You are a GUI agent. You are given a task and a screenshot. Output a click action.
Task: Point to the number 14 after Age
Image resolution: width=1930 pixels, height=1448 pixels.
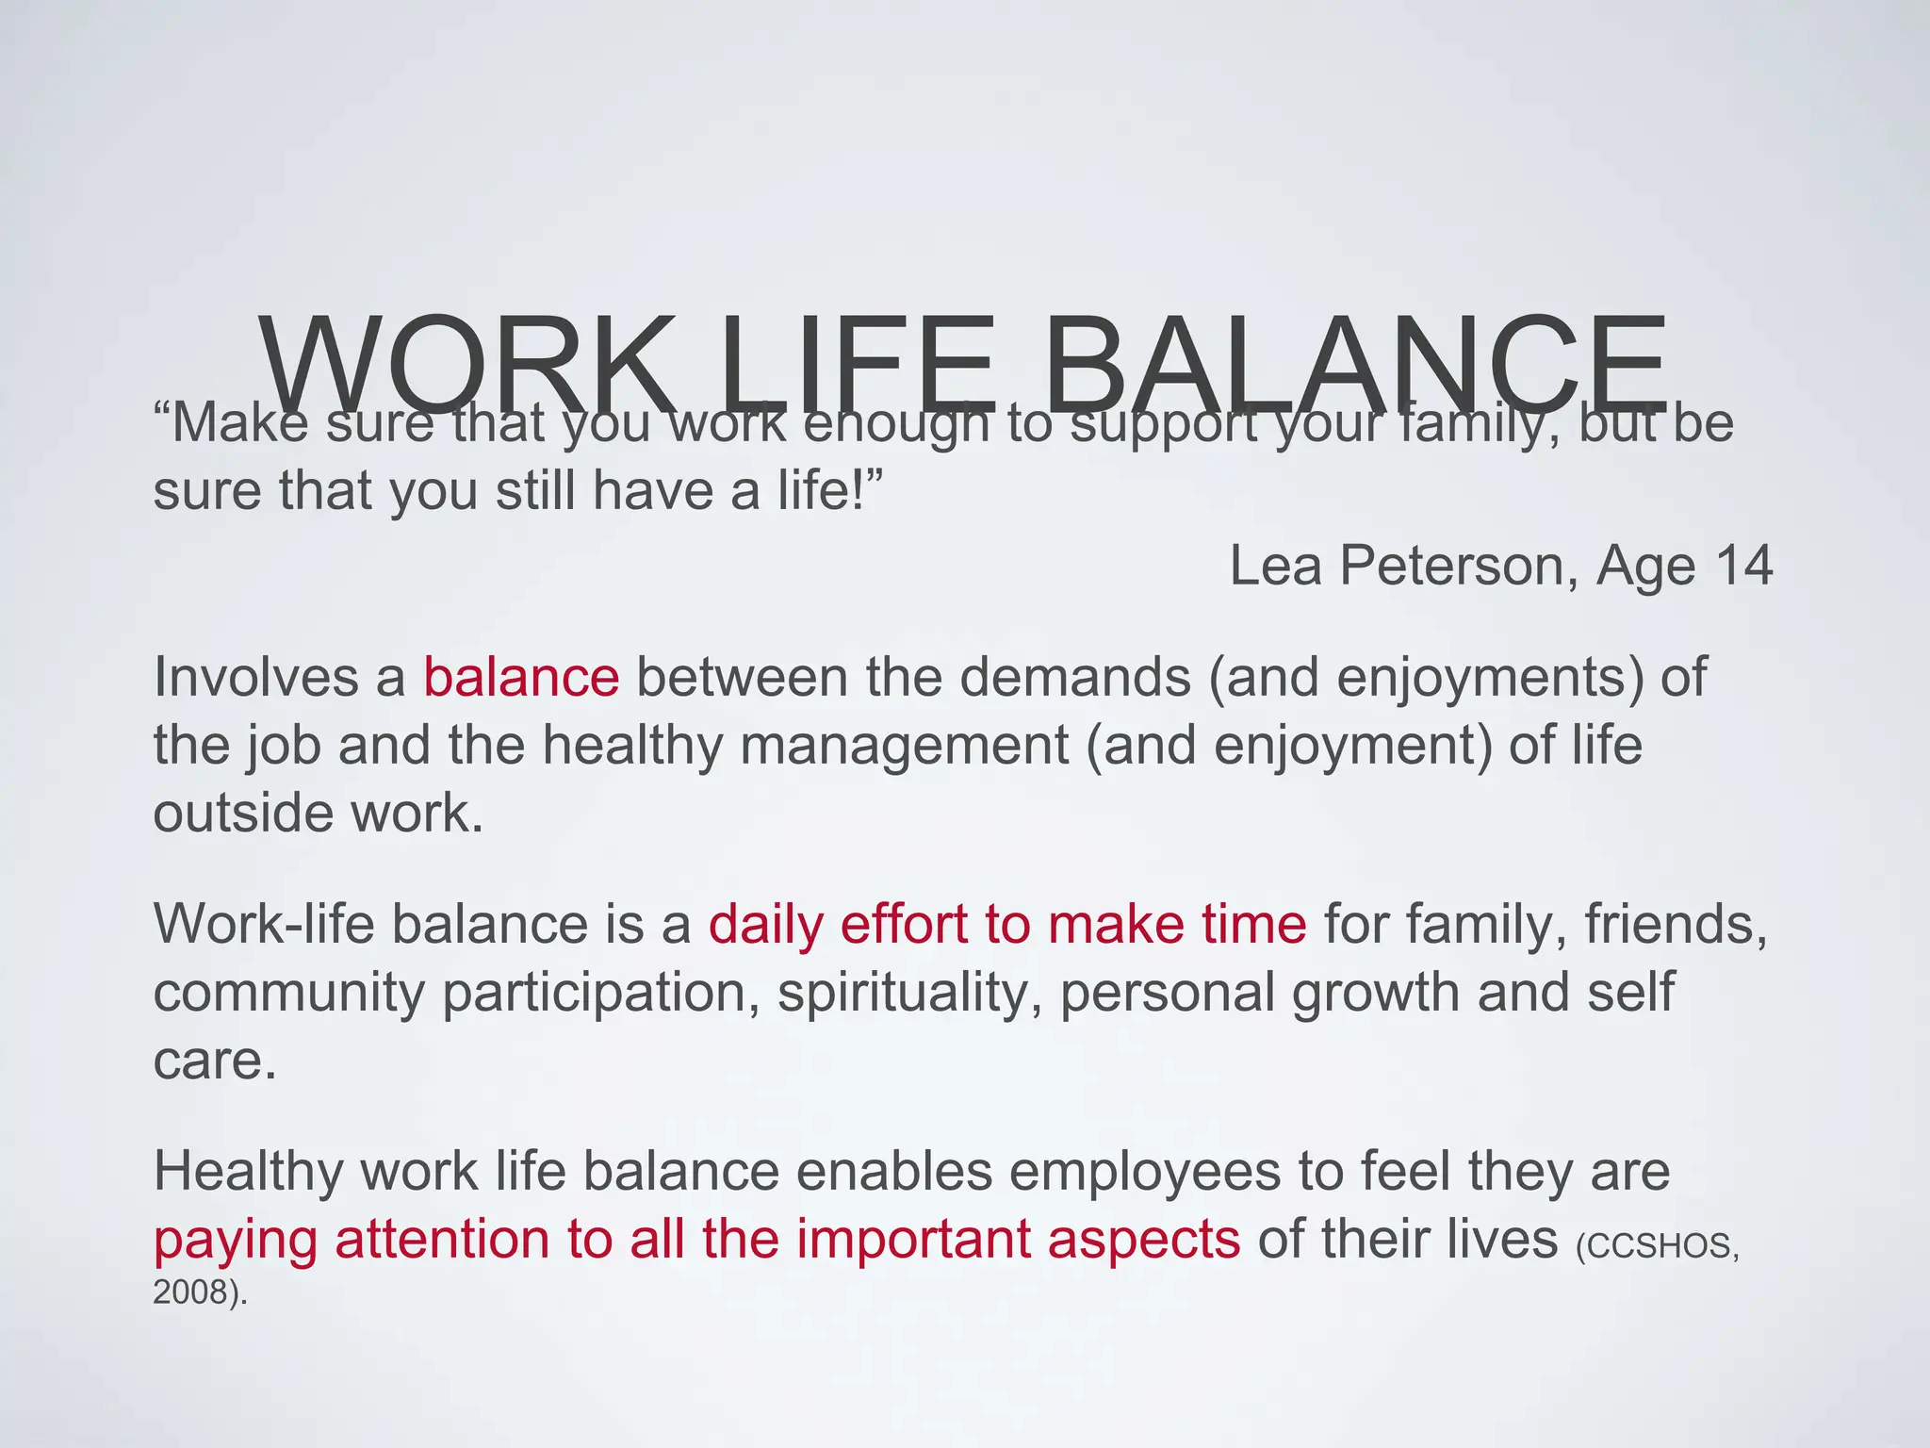coord(1742,566)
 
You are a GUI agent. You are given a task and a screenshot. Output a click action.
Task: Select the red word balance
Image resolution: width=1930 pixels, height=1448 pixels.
coord(521,677)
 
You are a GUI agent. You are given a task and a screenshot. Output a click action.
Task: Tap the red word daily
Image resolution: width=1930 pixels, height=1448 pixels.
coord(765,925)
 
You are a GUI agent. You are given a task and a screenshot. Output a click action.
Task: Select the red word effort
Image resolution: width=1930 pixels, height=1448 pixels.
coord(904,924)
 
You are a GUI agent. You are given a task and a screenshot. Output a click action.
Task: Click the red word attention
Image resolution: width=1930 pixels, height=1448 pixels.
coord(442,1239)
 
